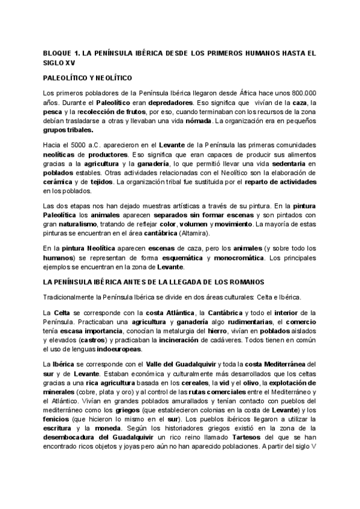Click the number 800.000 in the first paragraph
coord(317,93)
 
